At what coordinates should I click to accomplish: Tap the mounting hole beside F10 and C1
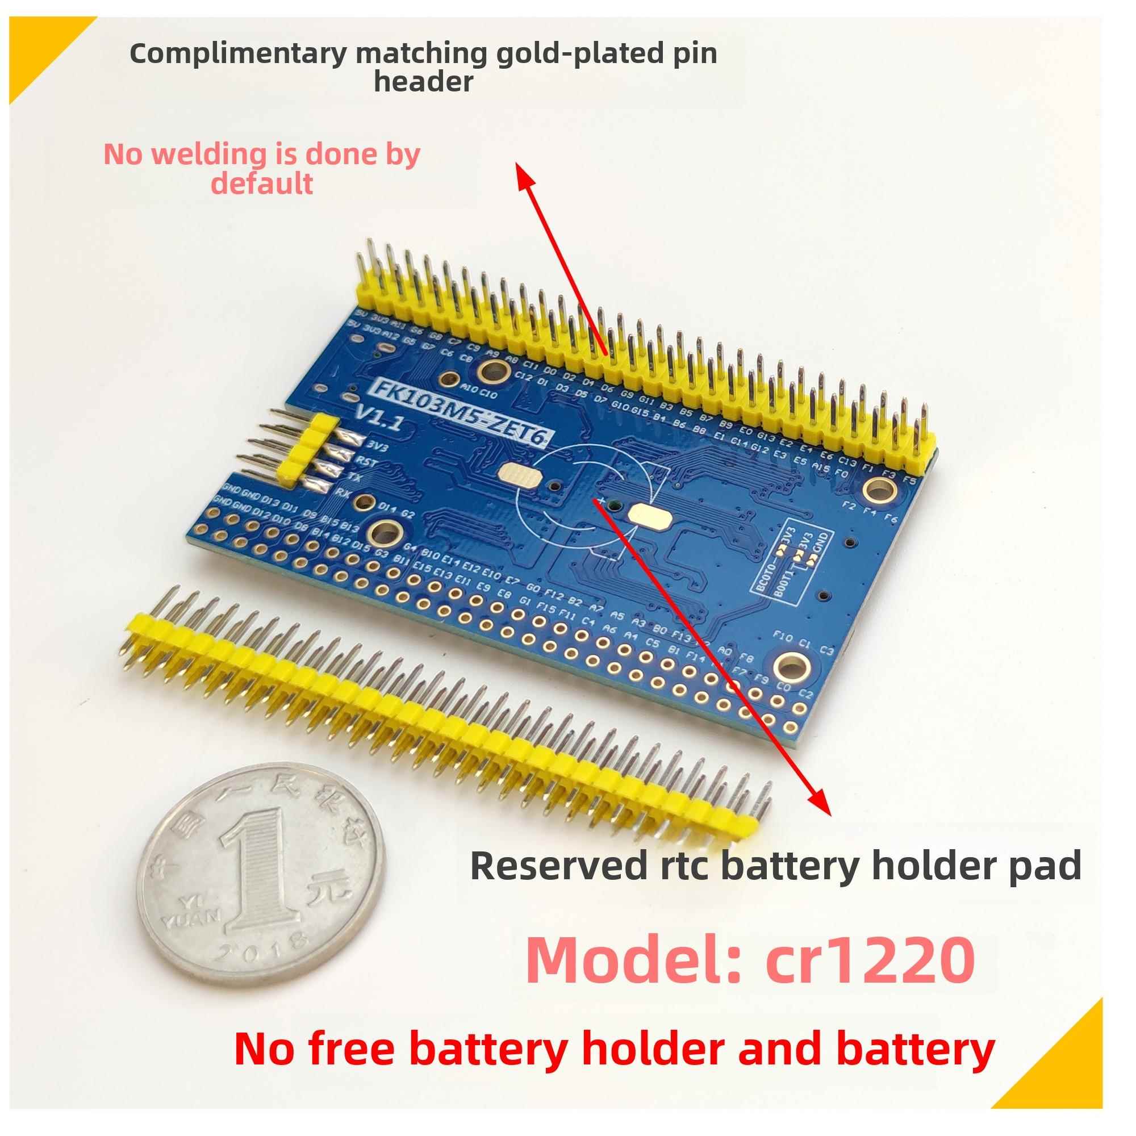click(x=797, y=665)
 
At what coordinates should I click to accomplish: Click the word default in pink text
click(x=262, y=183)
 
